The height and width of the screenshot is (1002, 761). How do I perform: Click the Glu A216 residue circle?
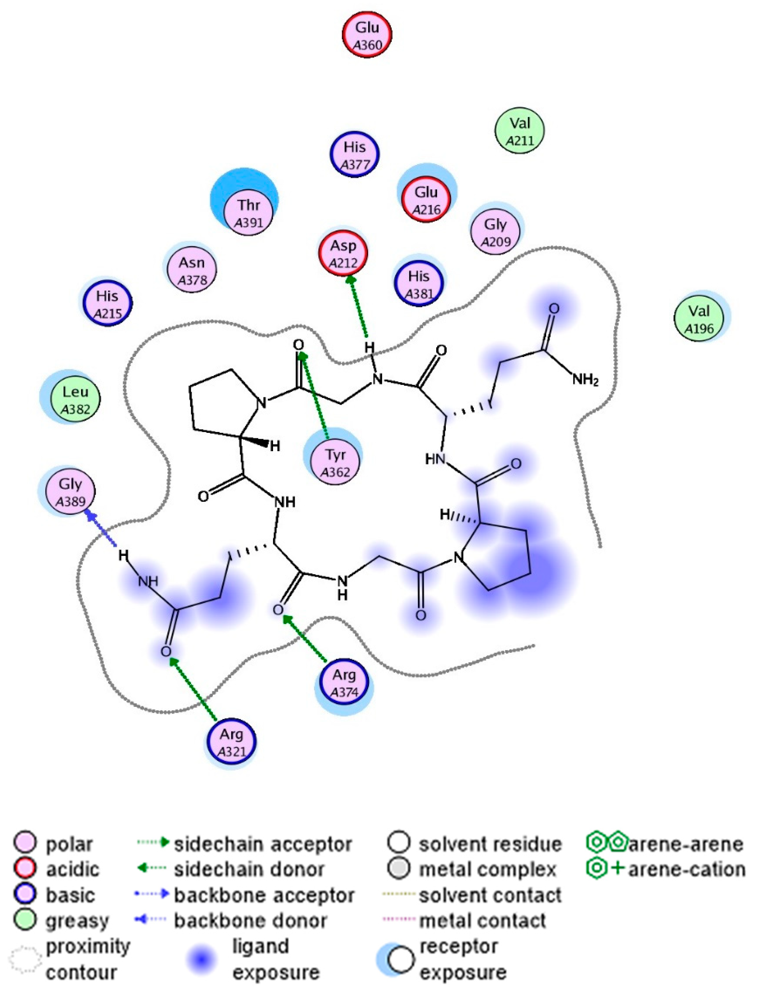pyautogui.click(x=426, y=200)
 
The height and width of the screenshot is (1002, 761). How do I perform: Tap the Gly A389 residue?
pyautogui.click(x=70, y=492)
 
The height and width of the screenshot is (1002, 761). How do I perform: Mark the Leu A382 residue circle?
pyautogui.click(x=76, y=399)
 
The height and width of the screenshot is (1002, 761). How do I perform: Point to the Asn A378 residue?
pyautogui.click(x=192, y=270)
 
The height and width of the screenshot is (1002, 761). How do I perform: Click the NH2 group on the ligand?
pyautogui.click(x=585, y=380)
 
